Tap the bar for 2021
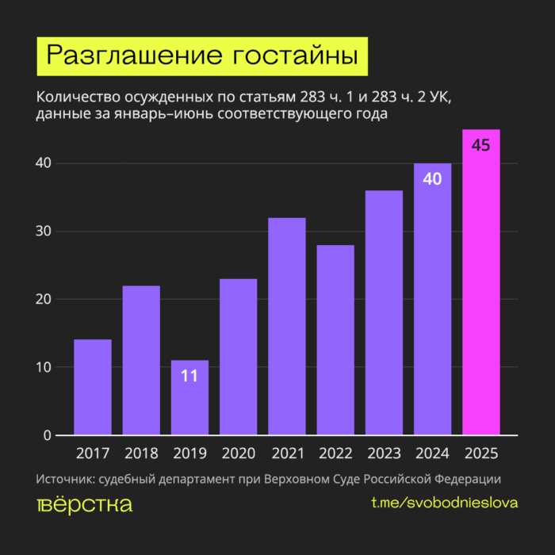287,326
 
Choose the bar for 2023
384,312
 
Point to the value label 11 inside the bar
189,375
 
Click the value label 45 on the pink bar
481,145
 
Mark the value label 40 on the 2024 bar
432,179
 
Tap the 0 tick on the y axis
48,435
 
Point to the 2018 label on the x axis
141,454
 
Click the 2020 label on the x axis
239,454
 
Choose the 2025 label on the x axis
481,454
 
